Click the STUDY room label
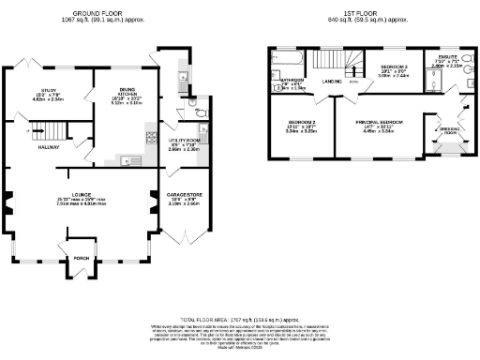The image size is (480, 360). [48, 90]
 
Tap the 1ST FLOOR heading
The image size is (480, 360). [360, 14]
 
